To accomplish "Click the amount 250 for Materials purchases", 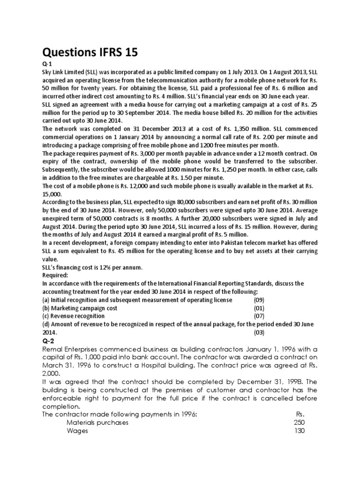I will coord(299,422).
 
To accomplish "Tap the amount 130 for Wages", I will coord(299,431).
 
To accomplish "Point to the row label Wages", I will coord(78,431).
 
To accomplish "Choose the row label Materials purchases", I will coord(97,422).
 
